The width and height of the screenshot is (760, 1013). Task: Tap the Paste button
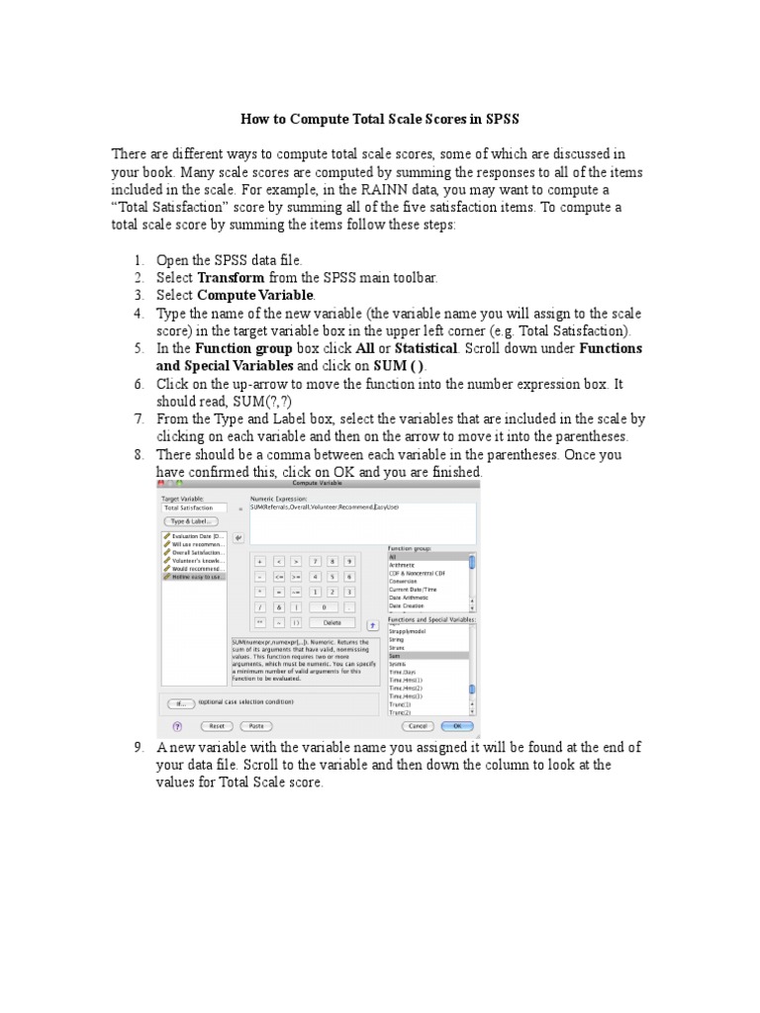point(255,725)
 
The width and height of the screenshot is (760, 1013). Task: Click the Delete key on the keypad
point(332,622)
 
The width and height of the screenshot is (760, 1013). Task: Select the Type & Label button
point(192,520)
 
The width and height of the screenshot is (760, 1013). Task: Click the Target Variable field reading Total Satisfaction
point(193,507)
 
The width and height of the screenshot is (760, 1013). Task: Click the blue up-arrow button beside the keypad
point(372,624)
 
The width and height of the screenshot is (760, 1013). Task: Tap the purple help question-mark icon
point(177,725)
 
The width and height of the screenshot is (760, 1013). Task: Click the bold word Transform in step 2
point(232,278)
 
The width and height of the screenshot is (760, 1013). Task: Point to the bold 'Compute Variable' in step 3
point(255,296)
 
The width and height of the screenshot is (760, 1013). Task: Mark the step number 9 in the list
point(140,747)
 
